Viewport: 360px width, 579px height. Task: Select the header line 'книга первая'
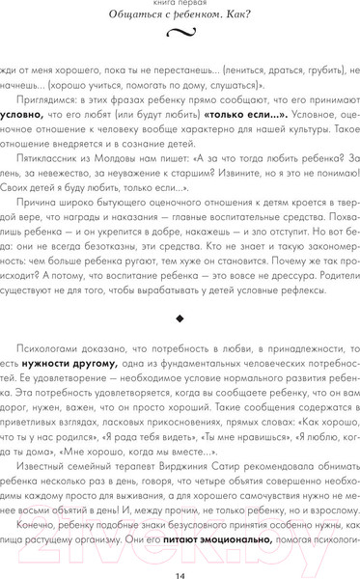click(180, 4)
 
